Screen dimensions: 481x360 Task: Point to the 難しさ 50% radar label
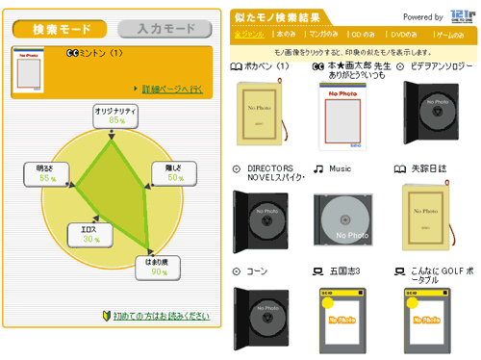point(169,172)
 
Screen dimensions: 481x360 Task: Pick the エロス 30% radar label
point(85,234)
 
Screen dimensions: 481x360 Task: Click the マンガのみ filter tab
point(324,34)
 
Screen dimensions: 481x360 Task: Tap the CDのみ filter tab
point(363,34)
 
